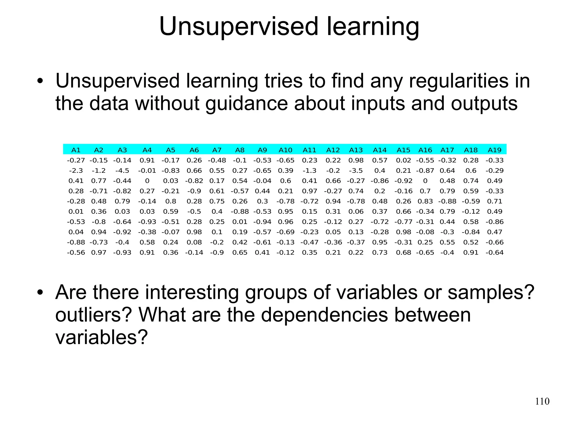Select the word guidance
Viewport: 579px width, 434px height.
click(246, 103)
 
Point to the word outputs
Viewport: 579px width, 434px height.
click(484, 103)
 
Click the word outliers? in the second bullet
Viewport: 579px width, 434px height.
click(93, 315)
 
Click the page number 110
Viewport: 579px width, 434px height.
click(542, 401)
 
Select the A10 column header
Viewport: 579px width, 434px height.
click(285, 150)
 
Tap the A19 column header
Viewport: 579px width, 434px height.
click(494, 150)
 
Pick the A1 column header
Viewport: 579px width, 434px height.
click(76, 150)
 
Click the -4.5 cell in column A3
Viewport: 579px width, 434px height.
click(122, 171)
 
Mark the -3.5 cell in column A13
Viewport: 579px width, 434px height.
click(356, 171)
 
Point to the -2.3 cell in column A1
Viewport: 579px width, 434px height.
click(76, 171)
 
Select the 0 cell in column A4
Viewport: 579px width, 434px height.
click(147, 181)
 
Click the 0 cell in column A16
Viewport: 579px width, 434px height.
click(425, 181)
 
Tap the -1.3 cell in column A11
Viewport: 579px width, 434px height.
click(310, 171)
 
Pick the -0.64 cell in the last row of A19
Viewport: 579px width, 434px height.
click(494, 252)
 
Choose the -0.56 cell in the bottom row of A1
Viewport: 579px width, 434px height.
click(76, 252)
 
